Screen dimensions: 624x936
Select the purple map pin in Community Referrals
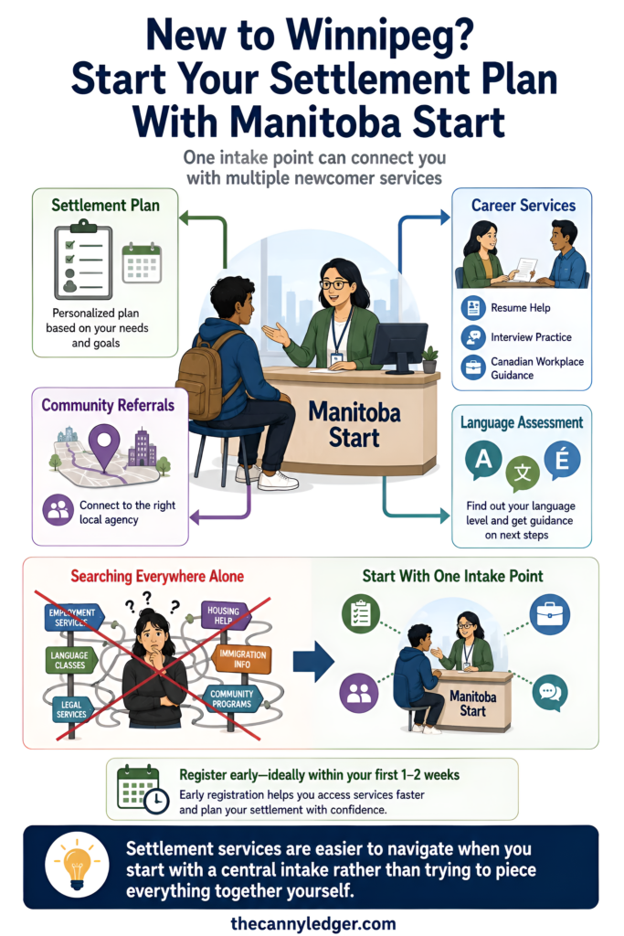click(104, 446)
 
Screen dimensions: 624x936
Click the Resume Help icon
click(473, 308)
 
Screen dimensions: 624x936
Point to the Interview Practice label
click(531, 337)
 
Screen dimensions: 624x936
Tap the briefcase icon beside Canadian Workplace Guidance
click(473, 367)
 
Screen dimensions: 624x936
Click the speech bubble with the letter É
click(562, 461)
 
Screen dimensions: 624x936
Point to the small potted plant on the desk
click(429, 359)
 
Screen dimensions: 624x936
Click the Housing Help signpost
click(224, 615)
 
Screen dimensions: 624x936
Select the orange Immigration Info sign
click(241, 658)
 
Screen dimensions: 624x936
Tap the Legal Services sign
click(71, 709)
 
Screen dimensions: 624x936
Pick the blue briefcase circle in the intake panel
click(549, 614)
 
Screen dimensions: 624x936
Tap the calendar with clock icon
click(143, 789)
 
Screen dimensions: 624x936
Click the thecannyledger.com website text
click(312, 923)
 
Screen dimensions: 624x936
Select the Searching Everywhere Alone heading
click(157, 576)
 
